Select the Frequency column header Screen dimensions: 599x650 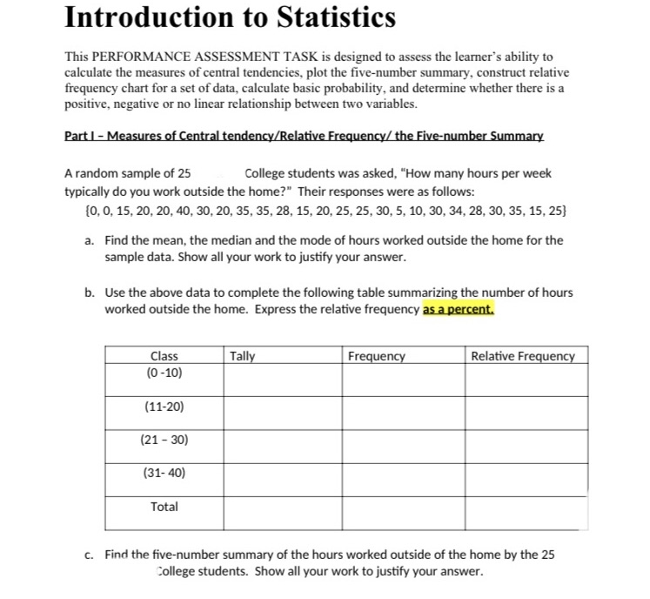click(376, 356)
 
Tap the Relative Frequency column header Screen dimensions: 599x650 click(523, 356)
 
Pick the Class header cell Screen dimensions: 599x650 click(164, 356)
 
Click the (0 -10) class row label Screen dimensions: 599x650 click(164, 373)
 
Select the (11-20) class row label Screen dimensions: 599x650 click(164, 407)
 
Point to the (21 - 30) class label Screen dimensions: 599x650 click(164, 440)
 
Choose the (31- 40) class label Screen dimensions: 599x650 click(164, 473)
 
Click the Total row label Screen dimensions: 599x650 click(164, 506)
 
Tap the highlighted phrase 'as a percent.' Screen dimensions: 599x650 click(459, 309)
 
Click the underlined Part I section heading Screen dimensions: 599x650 click(305, 137)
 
